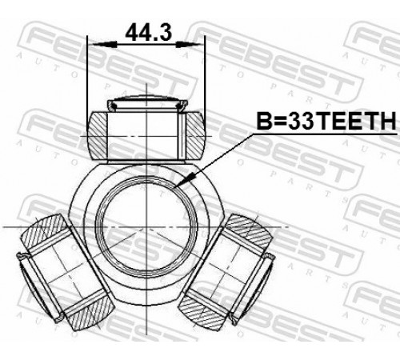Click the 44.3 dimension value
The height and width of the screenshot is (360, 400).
(x=149, y=32)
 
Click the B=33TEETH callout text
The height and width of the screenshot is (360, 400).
(x=326, y=120)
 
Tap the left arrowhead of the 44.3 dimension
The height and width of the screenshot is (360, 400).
(x=103, y=45)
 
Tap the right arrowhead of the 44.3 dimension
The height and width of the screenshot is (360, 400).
(x=190, y=45)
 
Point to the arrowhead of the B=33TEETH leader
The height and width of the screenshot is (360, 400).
(x=185, y=179)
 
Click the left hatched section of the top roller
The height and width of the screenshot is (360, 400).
(x=98, y=136)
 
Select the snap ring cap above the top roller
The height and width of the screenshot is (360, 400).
(x=147, y=102)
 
